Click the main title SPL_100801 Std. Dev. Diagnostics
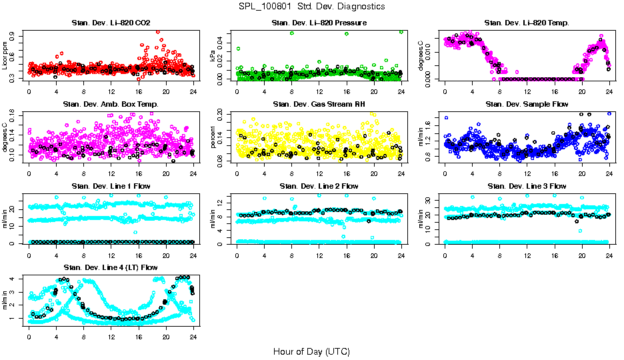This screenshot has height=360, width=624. click(311, 7)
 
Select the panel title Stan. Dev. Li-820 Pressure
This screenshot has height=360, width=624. click(319, 23)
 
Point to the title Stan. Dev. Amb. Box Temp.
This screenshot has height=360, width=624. click(111, 105)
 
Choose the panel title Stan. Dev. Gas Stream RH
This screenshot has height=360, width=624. click(319, 105)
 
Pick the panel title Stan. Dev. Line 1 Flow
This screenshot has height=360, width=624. click(111, 186)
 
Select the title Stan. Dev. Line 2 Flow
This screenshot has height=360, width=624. click(319, 186)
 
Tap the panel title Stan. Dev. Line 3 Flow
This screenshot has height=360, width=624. click(527, 186)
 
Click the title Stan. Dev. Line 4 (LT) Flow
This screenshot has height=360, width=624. click(111, 267)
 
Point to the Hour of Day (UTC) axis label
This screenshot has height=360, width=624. click(311, 351)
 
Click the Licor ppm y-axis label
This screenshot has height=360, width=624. click(5, 55)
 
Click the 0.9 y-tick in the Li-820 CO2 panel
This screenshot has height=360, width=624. click(16, 32)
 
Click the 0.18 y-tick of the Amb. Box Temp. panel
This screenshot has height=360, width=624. click(16, 114)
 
